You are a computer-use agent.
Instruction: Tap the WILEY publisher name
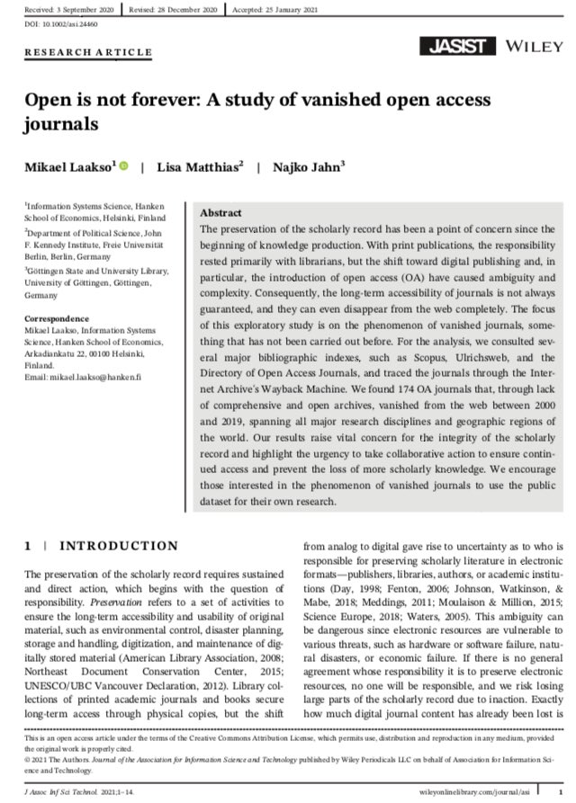click(x=528, y=45)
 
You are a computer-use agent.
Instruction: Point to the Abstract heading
click(x=220, y=213)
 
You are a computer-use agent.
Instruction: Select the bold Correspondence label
click(x=58, y=319)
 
